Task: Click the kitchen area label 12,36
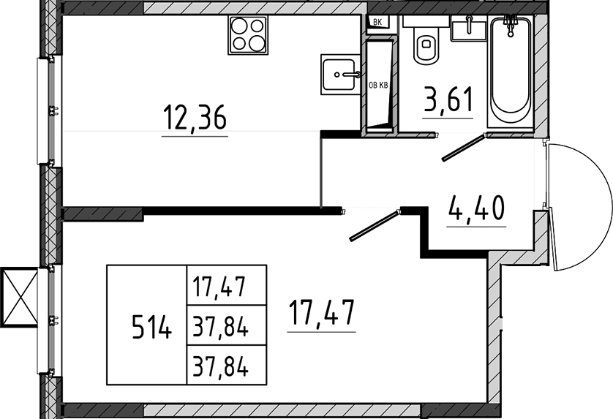coord(195,118)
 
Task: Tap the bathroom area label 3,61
coord(449,100)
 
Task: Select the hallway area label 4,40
coord(476,208)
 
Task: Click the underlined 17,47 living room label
coord(321,313)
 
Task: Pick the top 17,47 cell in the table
coord(219,286)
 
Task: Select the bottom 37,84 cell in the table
coord(220,366)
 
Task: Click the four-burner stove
coord(247,35)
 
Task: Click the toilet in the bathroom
coord(426,43)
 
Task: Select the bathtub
coord(511,72)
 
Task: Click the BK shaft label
coord(377,22)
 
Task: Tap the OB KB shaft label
coord(378,85)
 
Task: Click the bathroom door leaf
coord(464,148)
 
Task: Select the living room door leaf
coord(375,225)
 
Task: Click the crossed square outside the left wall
coord(19,297)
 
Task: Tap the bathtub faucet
coord(510,25)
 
